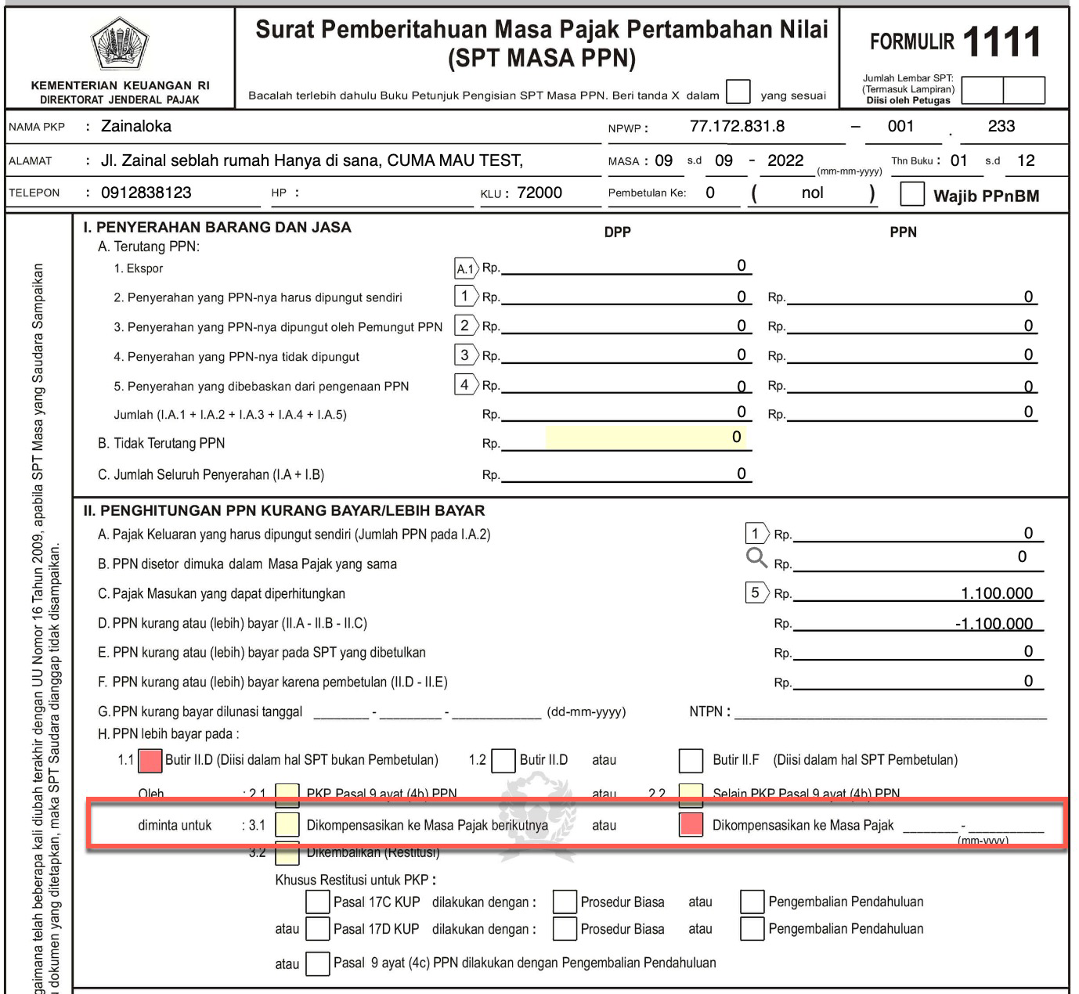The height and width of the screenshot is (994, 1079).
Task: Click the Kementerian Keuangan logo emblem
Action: (119, 43)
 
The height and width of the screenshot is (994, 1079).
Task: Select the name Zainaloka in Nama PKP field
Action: (135, 126)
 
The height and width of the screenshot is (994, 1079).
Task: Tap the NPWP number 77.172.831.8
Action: (737, 126)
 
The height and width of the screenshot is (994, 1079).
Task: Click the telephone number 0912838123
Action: (146, 193)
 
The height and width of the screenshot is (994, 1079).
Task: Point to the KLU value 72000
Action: (539, 193)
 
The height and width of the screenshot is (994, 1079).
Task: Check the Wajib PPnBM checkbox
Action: (912, 194)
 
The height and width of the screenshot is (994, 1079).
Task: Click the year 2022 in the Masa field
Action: (785, 160)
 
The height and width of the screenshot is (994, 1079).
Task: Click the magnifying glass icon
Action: (756, 557)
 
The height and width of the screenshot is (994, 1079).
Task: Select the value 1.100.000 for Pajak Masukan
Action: (997, 593)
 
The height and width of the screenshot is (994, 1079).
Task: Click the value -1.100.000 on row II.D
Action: (994, 624)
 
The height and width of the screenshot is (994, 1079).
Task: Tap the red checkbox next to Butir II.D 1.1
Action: (150, 760)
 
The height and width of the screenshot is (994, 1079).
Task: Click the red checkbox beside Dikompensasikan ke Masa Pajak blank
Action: (691, 825)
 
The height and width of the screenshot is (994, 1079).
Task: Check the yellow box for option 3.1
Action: (287, 825)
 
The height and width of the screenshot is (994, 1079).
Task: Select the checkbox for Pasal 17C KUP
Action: (317, 902)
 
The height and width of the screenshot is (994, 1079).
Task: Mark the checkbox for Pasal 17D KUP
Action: (317, 929)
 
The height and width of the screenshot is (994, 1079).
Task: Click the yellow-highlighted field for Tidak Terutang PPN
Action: (645, 438)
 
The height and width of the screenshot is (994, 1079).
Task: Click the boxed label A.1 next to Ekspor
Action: (465, 268)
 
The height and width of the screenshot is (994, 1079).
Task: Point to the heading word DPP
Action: (617, 232)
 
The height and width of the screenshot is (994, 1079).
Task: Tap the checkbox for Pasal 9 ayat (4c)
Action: (317, 963)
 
